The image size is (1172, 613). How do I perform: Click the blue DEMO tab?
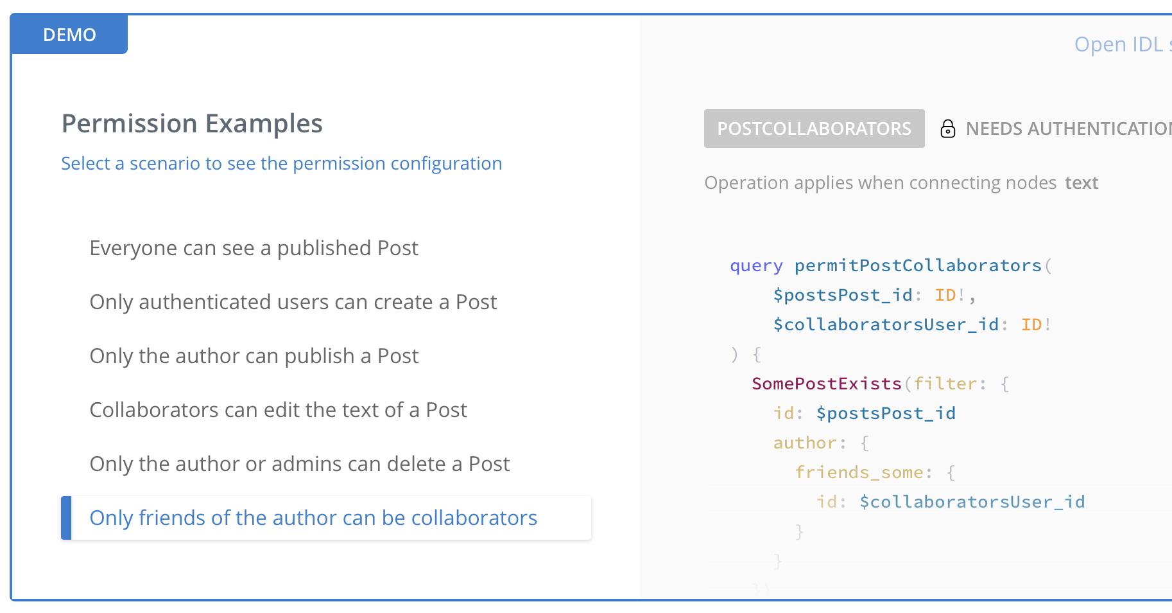(69, 35)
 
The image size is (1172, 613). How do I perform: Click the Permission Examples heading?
(192, 123)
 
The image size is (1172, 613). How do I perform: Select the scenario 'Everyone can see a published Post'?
(254, 248)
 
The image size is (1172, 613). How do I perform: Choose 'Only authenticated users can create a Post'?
(293, 302)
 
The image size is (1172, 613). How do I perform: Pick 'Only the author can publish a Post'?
(254, 356)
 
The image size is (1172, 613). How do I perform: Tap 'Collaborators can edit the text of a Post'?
(278, 410)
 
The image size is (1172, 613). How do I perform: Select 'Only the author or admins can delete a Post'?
(299, 464)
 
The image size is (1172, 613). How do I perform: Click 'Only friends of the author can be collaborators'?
(313, 518)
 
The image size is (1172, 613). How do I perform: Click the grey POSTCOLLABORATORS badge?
(814, 129)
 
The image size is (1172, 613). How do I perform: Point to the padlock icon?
(947, 129)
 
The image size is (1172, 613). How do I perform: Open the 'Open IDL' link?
(1120, 44)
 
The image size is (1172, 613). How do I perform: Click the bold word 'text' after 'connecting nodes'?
(1082, 183)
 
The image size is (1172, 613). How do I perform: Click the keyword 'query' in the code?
(756, 265)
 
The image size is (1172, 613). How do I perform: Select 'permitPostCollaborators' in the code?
(918, 265)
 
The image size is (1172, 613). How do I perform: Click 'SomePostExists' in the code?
(827, 384)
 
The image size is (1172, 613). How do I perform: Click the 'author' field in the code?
(805, 443)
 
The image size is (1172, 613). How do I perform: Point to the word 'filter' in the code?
(945, 384)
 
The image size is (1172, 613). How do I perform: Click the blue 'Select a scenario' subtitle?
(281, 163)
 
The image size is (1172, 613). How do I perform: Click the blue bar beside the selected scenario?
(66, 518)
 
